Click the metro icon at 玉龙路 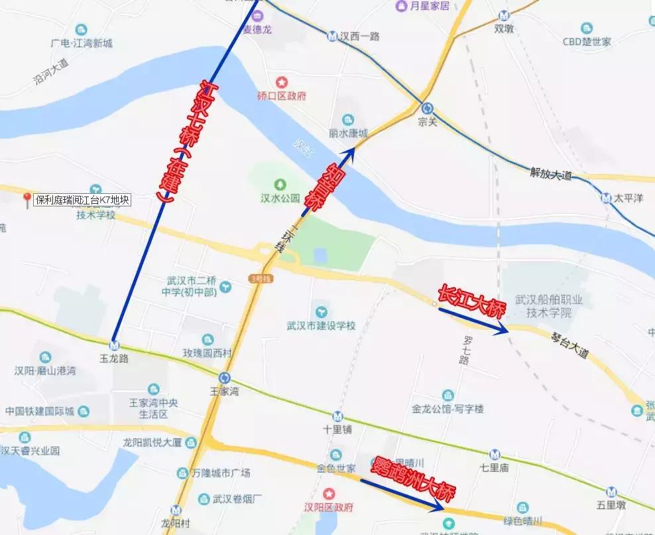[x=115, y=345]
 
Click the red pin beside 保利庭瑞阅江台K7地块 [x=27, y=198]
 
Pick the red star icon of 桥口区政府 [x=282, y=82]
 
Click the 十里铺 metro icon [x=338, y=416]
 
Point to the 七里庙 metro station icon [x=495, y=455]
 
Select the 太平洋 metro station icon [x=606, y=197]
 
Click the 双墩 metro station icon [x=504, y=15]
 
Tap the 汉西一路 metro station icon [x=331, y=36]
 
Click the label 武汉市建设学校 [x=322, y=326]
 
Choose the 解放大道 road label [x=550, y=175]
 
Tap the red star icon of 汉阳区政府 [x=328, y=494]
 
